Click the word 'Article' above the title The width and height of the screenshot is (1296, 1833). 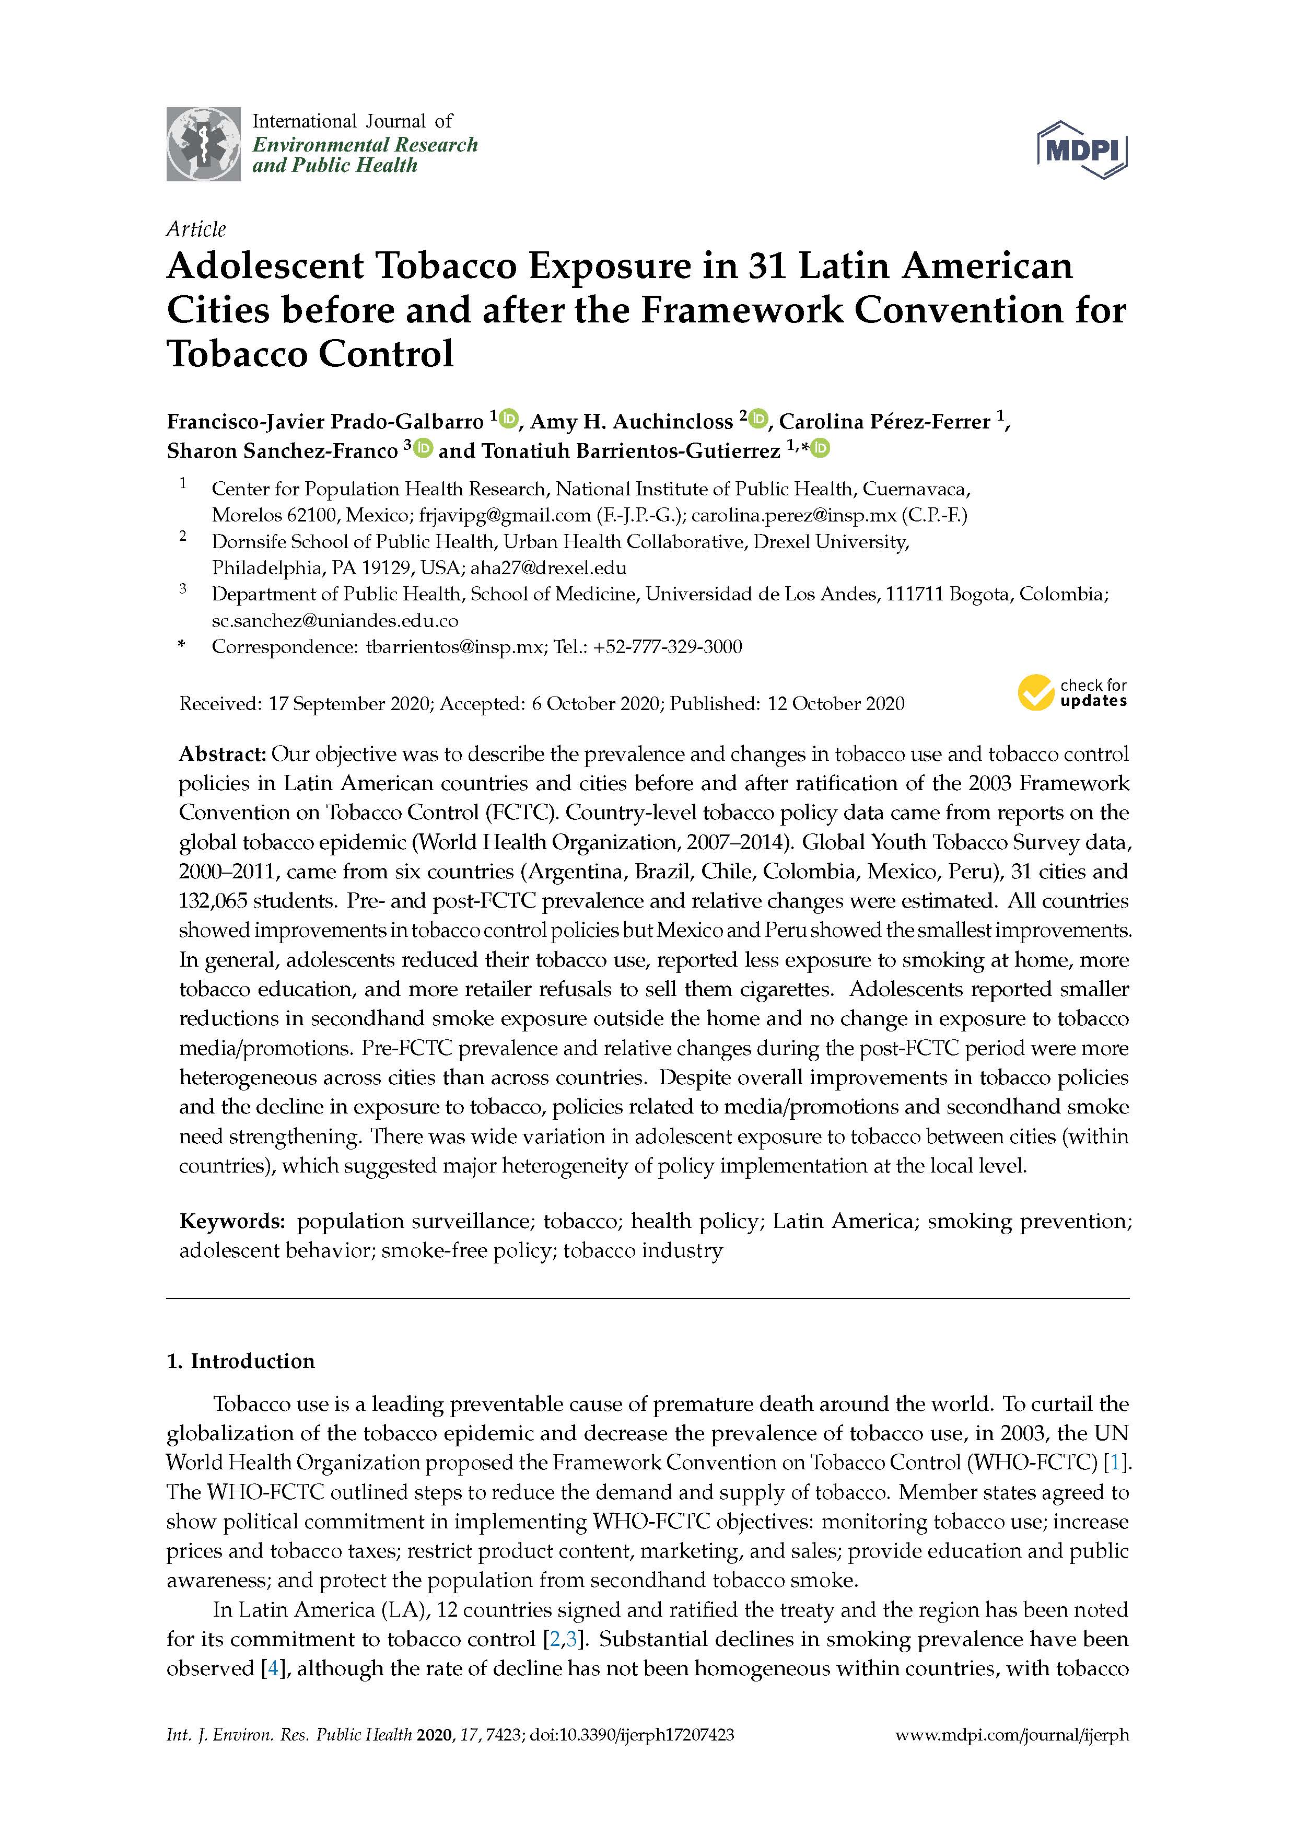[x=195, y=229]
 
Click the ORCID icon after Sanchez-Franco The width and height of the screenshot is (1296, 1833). [x=423, y=449]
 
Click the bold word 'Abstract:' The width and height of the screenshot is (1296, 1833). [x=222, y=753]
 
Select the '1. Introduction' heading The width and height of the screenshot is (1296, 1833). [x=240, y=1361]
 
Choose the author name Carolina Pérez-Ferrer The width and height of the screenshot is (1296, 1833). [x=885, y=422]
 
